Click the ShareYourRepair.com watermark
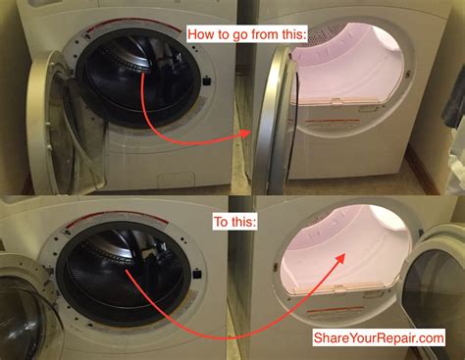click(377, 338)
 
